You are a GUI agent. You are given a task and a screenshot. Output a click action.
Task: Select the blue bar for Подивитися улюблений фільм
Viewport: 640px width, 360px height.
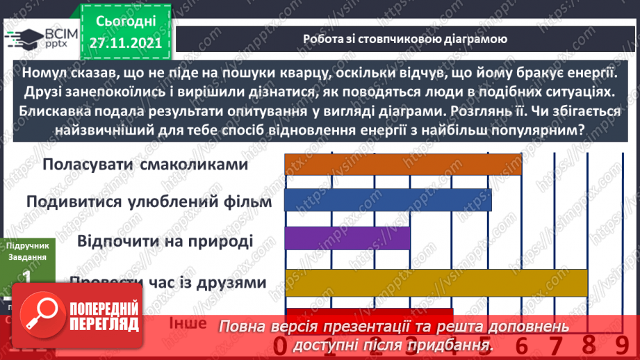coord(388,201)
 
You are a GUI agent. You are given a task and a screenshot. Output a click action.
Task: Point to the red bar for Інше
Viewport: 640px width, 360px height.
coord(368,313)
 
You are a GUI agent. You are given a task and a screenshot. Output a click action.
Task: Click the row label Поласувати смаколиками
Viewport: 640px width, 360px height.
coord(145,165)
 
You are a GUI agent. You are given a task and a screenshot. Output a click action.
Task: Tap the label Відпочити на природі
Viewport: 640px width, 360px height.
coord(165,241)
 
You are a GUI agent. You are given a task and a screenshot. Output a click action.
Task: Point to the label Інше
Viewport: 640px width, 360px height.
coord(188,323)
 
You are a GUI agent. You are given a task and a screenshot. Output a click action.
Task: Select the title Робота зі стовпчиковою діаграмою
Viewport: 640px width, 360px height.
coord(404,39)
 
